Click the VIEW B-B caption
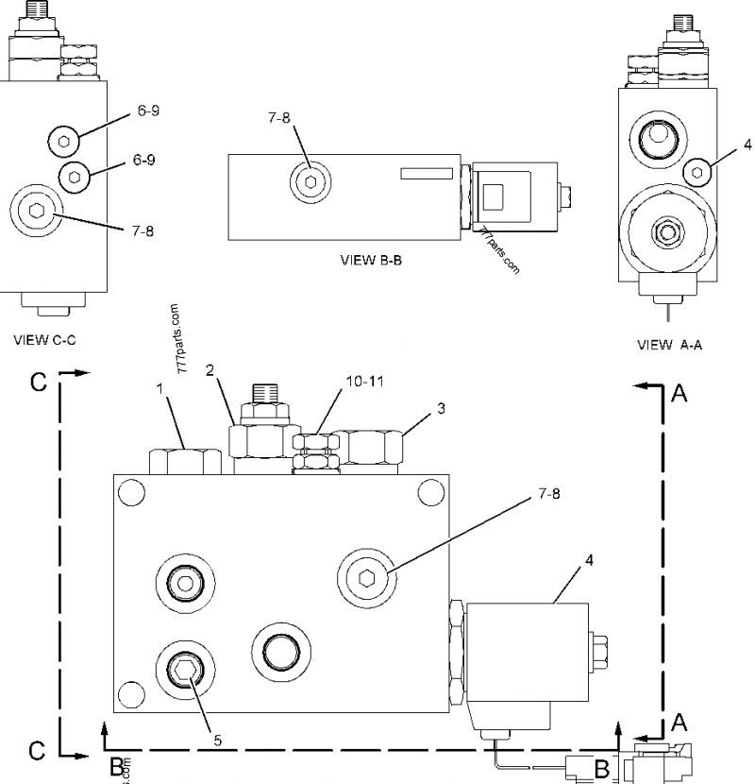371,260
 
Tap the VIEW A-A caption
669,345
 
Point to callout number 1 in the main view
160,388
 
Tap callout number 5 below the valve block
217,741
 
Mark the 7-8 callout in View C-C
143,231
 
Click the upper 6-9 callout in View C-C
147,111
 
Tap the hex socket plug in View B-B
310,181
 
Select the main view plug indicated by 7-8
367,574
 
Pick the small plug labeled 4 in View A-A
697,171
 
